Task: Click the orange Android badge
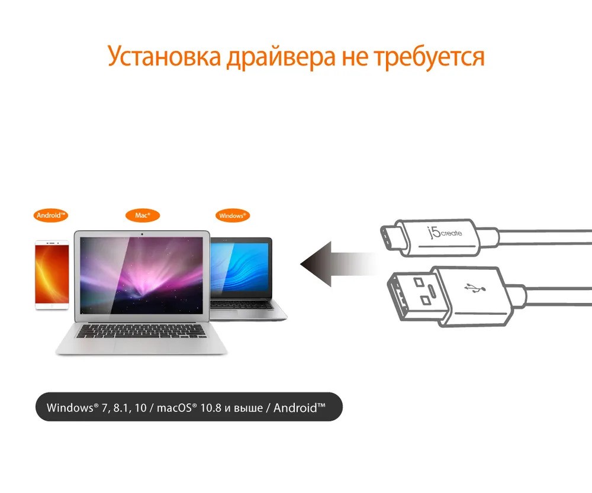[51, 215]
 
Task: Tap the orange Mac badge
[142, 215]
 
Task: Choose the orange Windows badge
[232, 215]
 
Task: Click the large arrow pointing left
[337, 263]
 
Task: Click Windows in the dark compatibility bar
[69, 408]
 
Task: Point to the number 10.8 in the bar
[209, 408]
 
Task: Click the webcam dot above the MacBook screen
[142, 234]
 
